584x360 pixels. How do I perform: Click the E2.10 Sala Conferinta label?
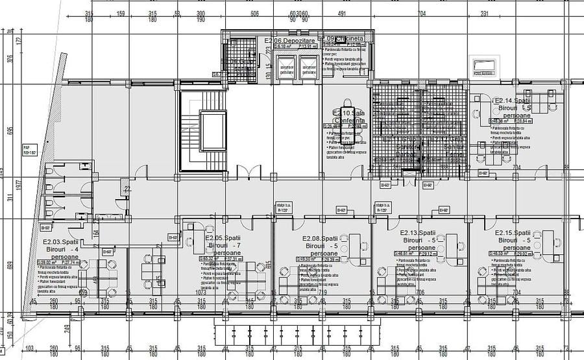coord(349,117)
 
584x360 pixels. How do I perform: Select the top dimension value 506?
coord(255,13)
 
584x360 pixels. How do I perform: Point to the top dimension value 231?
coord(502,13)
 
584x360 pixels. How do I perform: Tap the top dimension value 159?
coord(120,13)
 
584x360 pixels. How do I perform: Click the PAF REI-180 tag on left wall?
coord(29,150)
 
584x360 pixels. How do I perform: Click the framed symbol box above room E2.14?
coord(485,66)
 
